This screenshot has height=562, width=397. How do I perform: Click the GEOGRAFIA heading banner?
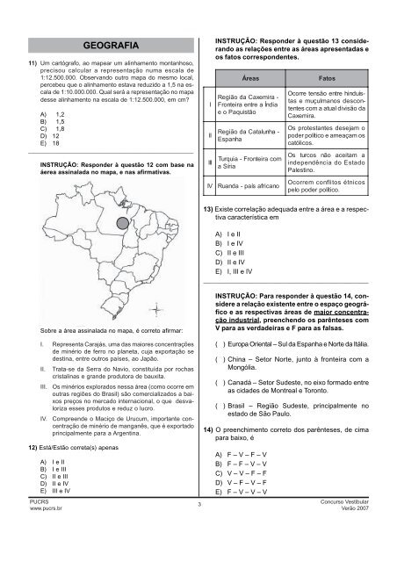point(104,44)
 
